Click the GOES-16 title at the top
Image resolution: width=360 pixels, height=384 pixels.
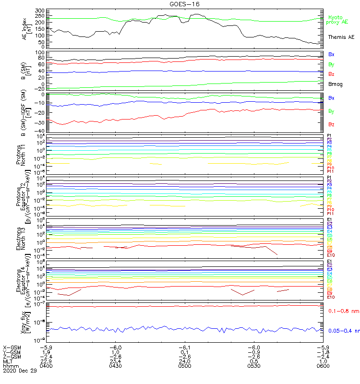pos(185,4)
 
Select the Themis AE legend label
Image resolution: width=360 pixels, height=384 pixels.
pos(341,37)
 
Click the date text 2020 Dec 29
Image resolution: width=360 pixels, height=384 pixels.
pos(19,371)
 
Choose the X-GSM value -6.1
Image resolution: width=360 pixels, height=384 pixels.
pos(184,347)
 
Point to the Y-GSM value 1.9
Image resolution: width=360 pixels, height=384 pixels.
pos(47,352)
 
